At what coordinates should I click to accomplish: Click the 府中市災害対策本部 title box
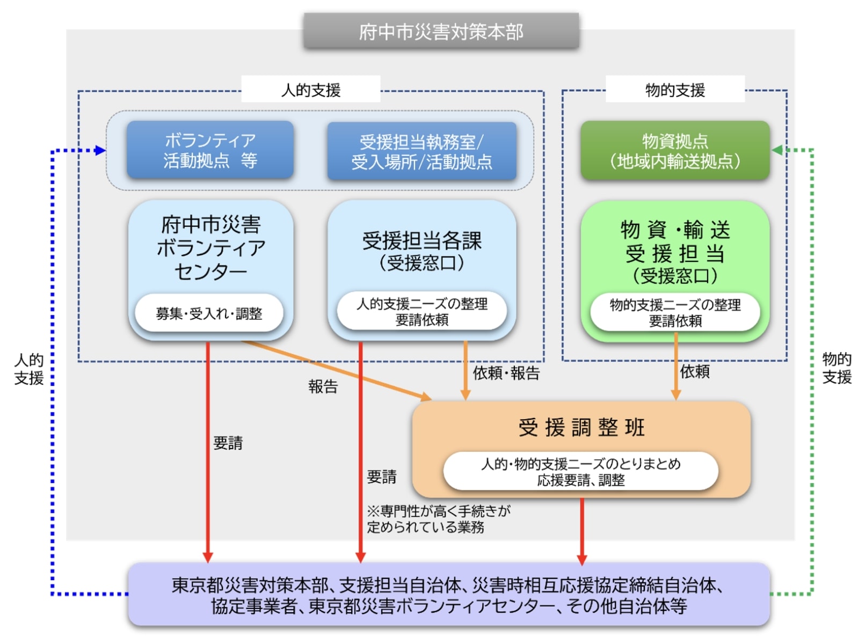[441, 32]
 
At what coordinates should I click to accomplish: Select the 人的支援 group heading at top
[310, 90]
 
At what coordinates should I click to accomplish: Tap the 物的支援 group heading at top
[674, 90]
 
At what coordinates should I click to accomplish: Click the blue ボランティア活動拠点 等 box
[210, 150]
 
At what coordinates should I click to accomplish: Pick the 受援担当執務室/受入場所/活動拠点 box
[421, 151]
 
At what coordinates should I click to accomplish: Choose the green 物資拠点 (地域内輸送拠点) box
[674, 151]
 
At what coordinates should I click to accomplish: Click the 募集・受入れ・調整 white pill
[209, 313]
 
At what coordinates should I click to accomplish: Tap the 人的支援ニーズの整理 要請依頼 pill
[421, 312]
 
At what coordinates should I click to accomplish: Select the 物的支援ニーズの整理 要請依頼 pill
[675, 313]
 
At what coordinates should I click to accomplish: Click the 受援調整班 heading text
[581, 428]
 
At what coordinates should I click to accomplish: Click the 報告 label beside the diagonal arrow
[323, 386]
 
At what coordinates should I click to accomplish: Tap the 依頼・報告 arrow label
[506, 373]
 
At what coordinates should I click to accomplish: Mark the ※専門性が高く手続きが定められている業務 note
[438, 519]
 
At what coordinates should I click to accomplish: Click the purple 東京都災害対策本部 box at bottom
[448, 595]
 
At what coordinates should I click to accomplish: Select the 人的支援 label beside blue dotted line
[29, 369]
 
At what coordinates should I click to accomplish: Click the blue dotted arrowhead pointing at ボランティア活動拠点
[100, 150]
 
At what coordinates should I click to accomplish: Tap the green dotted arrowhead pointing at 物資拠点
[777, 150]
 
